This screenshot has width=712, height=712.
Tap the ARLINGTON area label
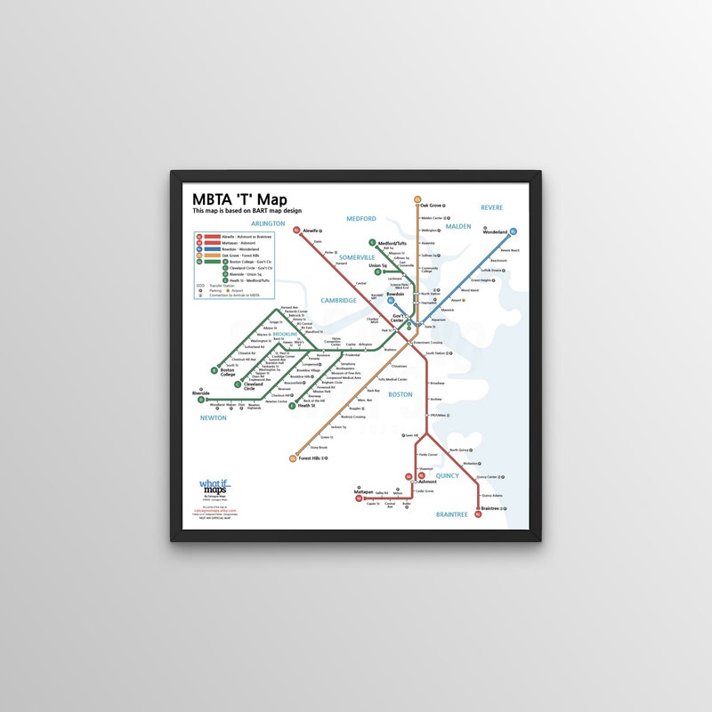[268, 223]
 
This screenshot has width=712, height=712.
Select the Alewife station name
[311, 231]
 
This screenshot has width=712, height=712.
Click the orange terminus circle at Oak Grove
[417, 200]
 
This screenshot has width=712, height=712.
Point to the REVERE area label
[491, 207]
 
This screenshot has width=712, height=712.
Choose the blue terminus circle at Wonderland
[514, 231]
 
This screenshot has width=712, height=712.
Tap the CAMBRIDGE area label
[338, 300]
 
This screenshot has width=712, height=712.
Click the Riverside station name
[200, 392]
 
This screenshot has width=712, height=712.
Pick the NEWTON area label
[214, 417]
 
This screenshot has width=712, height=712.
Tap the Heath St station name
[307, 406]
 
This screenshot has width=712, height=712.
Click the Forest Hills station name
[313, 458]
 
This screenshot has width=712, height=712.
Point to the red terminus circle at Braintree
[479, 514]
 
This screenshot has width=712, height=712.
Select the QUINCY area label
[447, 475]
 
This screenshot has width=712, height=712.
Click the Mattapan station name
[363, 491]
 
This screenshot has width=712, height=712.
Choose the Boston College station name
[228, 373]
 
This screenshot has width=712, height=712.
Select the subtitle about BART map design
[255, 211]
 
